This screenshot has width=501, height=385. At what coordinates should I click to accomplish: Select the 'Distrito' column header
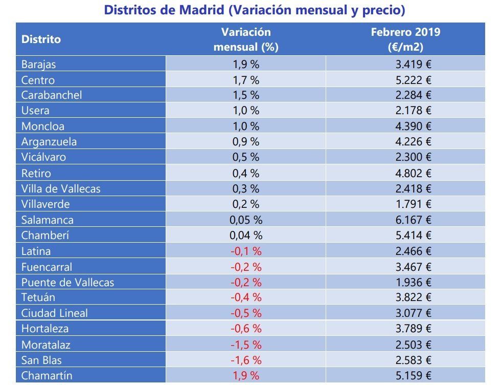point(41,39)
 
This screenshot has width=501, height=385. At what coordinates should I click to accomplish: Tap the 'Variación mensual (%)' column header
point(245,39)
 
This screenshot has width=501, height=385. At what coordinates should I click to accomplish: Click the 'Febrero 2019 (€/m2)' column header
point(405,39)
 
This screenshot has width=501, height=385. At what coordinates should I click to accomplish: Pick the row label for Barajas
point(39,65)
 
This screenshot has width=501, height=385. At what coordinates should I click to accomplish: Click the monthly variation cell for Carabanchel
point(245,95)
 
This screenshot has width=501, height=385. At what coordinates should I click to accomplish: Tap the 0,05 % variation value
point(245,220)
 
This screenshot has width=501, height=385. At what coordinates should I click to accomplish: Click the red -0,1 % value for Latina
point(245,251)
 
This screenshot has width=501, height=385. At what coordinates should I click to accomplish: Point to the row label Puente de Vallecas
point(67,282)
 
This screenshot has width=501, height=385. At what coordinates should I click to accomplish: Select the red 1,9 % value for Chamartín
point(245,375)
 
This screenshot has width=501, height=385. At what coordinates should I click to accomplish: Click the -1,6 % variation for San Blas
point(245,360)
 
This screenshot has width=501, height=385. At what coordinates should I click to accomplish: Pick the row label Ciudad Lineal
point(54,313)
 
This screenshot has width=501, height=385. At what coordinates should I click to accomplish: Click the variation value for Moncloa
point(245,126)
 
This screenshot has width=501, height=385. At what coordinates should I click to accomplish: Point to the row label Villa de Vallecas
point(61,188)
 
